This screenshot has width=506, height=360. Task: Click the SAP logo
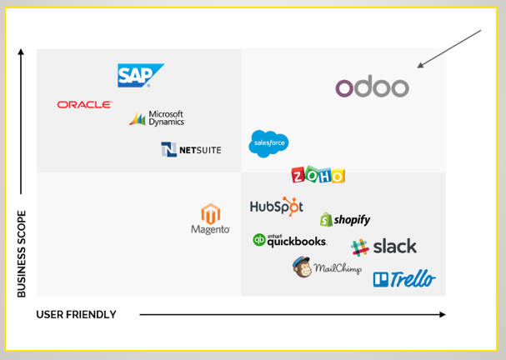139,76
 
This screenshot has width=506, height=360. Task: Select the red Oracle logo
84,105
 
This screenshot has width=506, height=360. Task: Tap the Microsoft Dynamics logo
157,118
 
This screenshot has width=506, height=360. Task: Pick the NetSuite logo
191,149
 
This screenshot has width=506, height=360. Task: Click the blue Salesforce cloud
268,143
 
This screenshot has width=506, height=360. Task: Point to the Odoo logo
372,87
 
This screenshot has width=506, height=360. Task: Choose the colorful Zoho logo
318,175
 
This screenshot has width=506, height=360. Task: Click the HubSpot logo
276,207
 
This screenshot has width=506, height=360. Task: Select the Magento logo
210,219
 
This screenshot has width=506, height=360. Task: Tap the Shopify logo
344,219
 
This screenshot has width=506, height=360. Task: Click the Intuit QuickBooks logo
289,240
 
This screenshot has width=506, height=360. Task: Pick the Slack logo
383,247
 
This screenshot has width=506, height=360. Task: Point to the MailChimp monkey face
302,267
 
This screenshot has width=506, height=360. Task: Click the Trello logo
403,279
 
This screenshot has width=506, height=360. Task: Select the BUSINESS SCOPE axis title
22,253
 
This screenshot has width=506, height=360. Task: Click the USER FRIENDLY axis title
76,315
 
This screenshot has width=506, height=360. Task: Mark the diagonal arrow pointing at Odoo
450,48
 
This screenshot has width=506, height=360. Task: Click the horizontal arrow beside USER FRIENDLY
292,315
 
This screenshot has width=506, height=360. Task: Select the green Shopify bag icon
327,220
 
